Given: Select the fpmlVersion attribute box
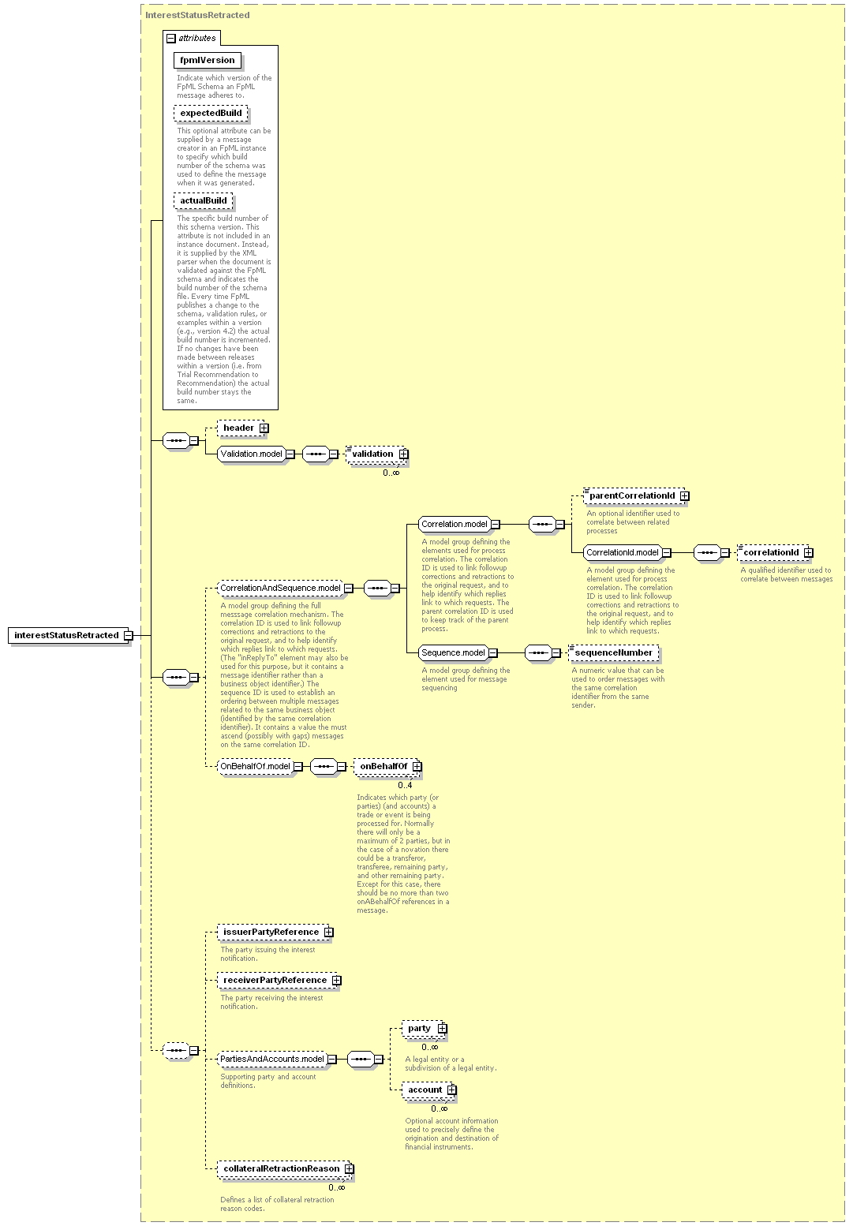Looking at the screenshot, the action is point(207,60).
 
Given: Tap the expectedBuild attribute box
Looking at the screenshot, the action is point(211,114).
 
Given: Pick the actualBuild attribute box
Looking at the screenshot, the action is point(203,201).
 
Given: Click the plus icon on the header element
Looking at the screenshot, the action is point(264,428).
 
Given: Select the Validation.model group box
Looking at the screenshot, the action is point(252,454).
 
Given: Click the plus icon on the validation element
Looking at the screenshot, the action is point(403,454).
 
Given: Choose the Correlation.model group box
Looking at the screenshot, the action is point(455,525).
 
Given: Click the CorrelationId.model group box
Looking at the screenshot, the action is point(623,553).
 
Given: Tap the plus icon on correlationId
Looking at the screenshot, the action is point(808,553).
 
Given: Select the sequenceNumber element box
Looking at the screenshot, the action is point(613,653).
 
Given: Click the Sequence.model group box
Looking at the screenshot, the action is point(453,653).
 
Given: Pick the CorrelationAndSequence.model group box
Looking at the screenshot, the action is point(280,589).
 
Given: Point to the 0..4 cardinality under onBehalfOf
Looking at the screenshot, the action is point(405,785).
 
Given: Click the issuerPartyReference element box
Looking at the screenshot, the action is point(275,932).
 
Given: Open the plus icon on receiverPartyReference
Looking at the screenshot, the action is point(337,981).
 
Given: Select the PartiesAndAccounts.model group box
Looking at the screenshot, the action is point(272,1059).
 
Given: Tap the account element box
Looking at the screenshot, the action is point(428,1090).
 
